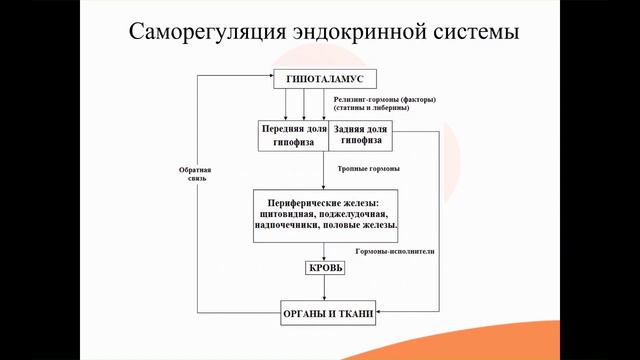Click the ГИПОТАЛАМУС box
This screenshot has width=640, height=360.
[x=324, y=79]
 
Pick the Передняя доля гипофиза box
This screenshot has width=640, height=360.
[x=293, y=135]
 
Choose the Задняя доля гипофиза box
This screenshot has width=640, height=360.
[x=360, y=135]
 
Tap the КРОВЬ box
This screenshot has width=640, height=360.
[x=325, y=268]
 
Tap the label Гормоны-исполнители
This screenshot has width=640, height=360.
[x=395, y=252]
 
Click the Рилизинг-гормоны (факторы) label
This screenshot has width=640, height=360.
[x=385, y=100]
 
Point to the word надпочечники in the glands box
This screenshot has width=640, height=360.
[x=290, y=226]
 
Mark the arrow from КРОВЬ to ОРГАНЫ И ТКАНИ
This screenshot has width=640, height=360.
[x=325, y=291]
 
